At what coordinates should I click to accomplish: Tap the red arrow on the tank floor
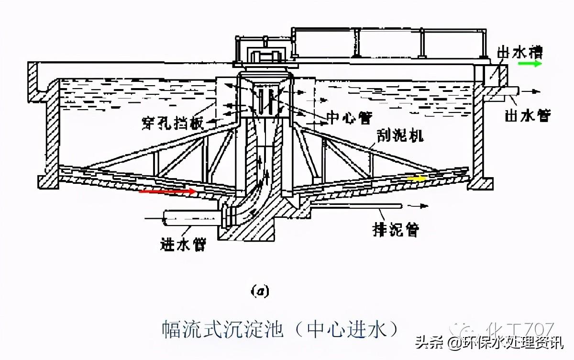(x=167, y=191)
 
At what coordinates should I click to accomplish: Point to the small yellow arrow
(x=416, y=179)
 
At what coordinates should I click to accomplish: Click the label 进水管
(x=183, y=245)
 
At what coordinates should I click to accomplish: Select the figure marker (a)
(x=261, y=291)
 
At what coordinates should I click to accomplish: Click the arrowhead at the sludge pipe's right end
(x=423, y=206)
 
